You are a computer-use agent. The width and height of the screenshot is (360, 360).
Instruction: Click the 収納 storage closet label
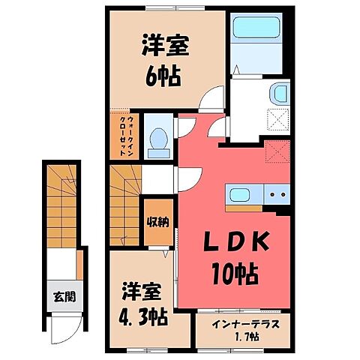(x=156, y=221)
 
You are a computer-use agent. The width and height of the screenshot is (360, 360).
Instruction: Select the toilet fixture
(x=157, y=136)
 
